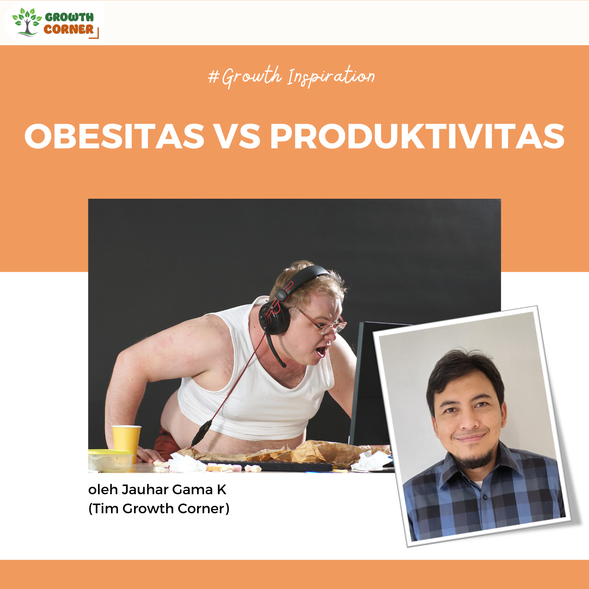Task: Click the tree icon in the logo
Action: pos(27,22)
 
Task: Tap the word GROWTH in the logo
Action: pos(69,17)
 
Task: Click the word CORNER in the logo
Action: pos(69,29)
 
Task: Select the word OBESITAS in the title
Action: pos(114,136)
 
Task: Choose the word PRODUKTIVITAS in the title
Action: pos(417,136)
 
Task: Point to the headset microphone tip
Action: pos(283,364)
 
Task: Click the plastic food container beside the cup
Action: pos(110,461)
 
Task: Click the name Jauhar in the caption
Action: pos(145,490)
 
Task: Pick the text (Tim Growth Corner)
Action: pos(159,508)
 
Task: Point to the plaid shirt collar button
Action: pos(484,497)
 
